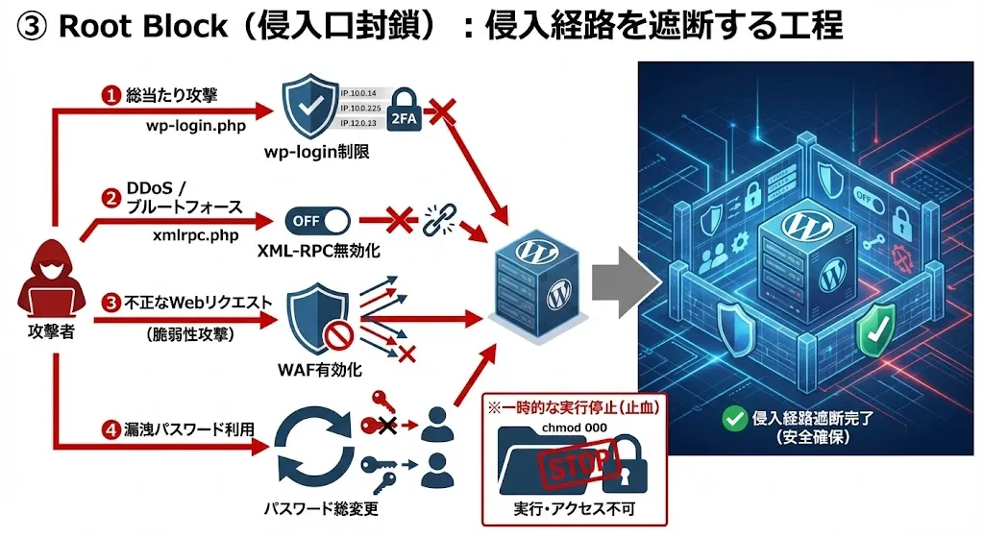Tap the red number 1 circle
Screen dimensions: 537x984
112,95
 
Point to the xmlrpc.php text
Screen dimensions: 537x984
194,232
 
